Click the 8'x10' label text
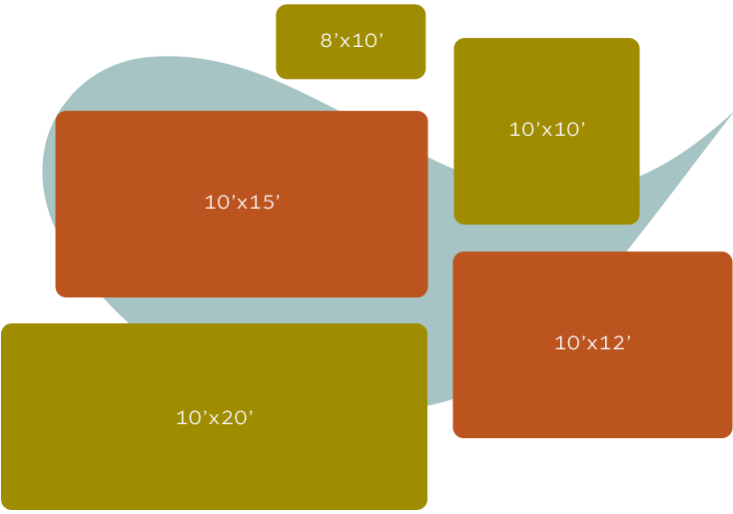[x=352, y=41]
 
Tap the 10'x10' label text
[x=546, y=129]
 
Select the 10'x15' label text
[x=242, y=202]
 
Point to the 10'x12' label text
[x=592, y=343]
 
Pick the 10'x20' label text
[x=215, y=418]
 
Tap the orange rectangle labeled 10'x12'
[x=592, y=389]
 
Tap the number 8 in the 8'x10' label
[x=327, y=41]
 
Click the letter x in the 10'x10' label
[x=546, y=130]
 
